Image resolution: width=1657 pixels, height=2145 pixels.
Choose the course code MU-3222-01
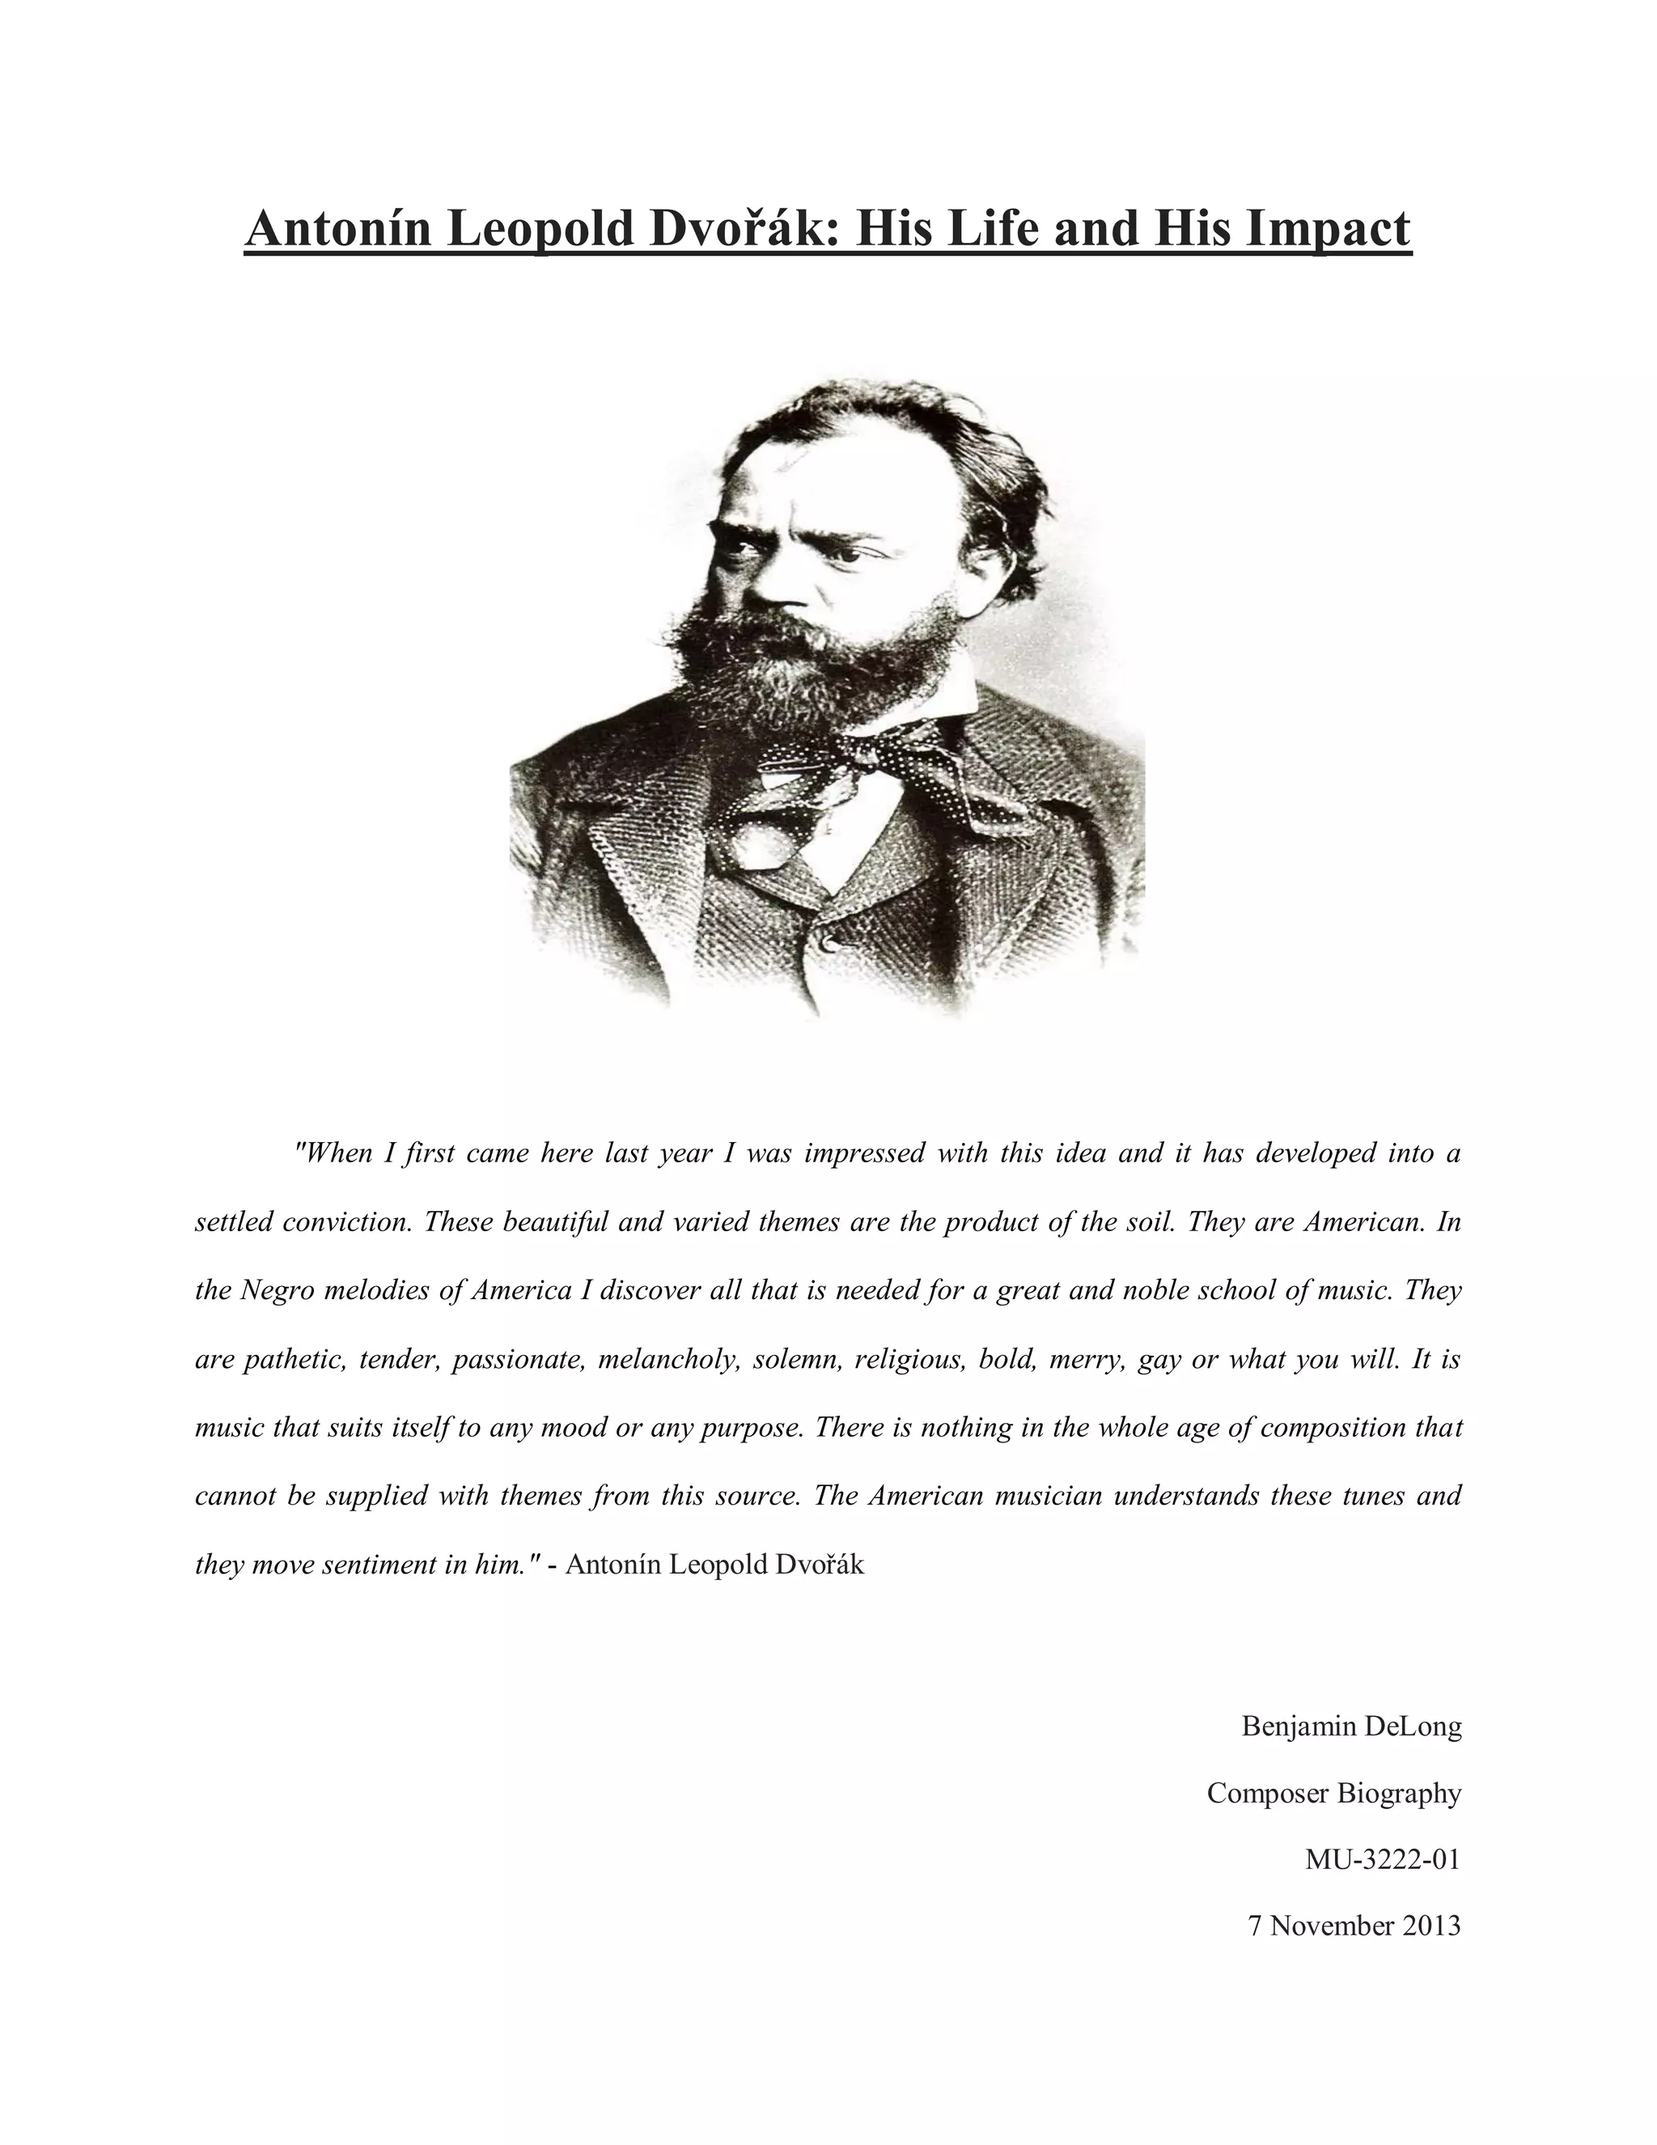1382,1859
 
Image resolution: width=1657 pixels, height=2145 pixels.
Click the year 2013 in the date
1431,1926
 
